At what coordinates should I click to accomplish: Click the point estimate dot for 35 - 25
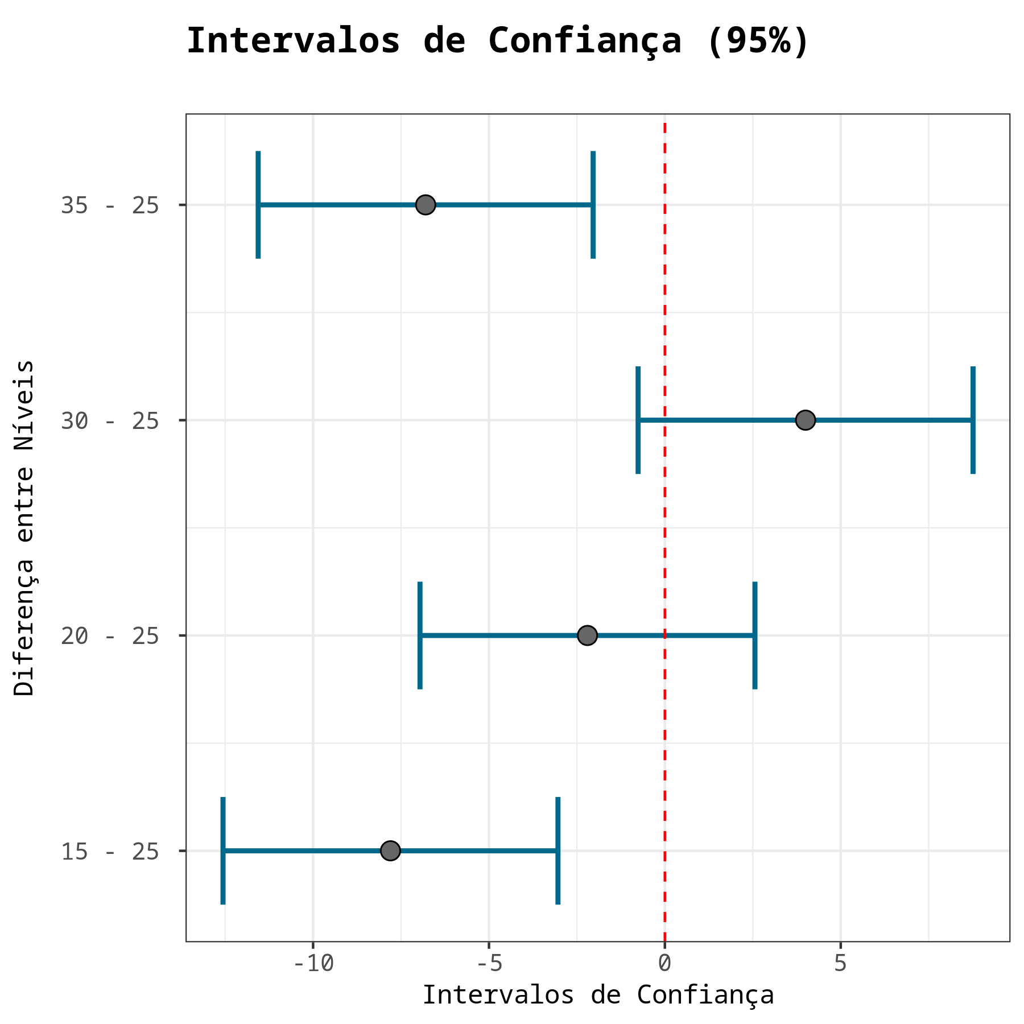[426, 205]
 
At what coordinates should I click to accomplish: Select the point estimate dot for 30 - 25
[805, 420]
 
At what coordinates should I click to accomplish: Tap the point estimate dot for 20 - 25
[587, 635]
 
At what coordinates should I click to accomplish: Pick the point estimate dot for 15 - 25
[390, 851]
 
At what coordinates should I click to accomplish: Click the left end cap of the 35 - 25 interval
[258, 205]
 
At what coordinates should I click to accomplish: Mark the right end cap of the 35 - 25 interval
[593, 205]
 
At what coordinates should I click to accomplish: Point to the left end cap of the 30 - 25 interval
[638, 420]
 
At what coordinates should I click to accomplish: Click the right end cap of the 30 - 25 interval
[973, 420]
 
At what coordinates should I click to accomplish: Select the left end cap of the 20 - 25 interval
[420, 635]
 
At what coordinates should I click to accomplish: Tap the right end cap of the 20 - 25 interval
[755, 635]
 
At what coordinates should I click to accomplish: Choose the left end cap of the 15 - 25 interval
[223, 851]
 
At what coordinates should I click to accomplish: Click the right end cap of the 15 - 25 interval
[558, 851]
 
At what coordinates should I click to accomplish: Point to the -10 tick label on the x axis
[312, 964]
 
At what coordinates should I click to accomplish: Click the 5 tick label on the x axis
[840, 964]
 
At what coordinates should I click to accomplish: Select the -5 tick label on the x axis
[488, 964]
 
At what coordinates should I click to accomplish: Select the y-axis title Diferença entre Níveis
[25, 527]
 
